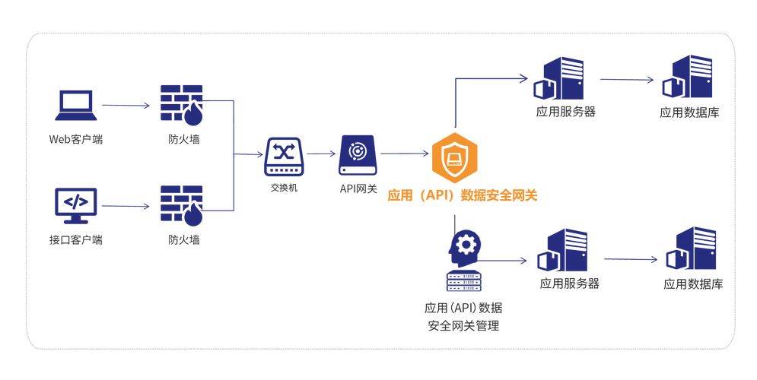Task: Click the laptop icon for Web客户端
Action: [x=75, y=106]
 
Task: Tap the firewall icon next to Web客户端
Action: [x=182, y=104]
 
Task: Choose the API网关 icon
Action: [x=358, y=154]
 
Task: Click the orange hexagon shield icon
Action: [x=454, y=157]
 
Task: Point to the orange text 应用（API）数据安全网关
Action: [x=463, y=195]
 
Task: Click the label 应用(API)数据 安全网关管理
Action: [x=463, y=317]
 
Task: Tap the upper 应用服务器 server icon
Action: [x=559, y=78]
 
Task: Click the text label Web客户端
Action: [x=75, y=140]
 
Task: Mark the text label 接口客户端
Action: [x=75, y=240]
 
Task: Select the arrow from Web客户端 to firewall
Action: [x=126, y=106]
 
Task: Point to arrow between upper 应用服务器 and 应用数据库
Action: [x=627, y=79]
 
